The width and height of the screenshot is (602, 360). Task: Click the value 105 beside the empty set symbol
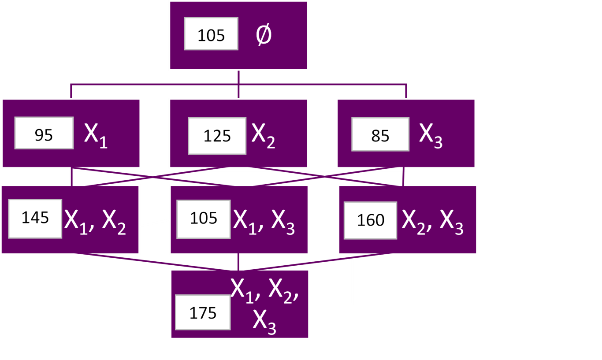click(211, 34)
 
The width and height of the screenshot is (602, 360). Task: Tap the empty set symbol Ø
click(264, 35)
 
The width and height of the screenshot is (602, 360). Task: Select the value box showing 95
click(44, 133)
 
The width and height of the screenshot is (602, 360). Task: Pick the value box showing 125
click(217, 136)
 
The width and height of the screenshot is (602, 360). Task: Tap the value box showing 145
click(35, 219)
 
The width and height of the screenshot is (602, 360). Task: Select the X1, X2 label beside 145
click(95, 220)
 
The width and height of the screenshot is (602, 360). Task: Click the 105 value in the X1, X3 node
click(203, 219)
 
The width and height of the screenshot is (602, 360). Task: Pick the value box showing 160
click(370, 220)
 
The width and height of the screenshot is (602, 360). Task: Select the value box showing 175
click(203, 312)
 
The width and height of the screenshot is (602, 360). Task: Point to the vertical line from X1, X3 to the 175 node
click(238, 262)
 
